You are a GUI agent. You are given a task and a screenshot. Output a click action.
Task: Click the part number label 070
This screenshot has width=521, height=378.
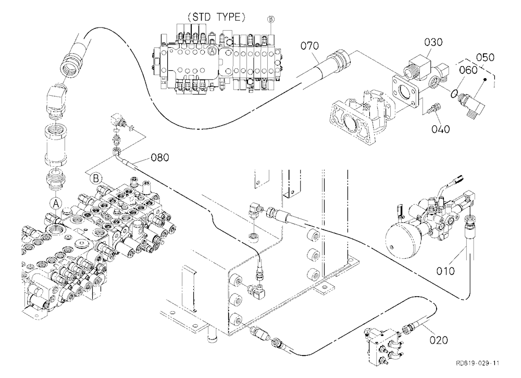309,46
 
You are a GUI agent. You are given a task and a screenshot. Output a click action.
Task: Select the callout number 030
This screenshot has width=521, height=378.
433,42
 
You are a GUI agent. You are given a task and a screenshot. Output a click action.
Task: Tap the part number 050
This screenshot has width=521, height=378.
485,57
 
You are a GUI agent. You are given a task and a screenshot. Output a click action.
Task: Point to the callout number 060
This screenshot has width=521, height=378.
468,70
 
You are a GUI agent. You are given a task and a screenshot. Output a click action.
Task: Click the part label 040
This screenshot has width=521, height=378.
441,129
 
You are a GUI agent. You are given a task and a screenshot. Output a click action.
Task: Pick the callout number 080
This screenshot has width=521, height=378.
160,157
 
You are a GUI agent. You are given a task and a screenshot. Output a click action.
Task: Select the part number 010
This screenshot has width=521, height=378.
445,271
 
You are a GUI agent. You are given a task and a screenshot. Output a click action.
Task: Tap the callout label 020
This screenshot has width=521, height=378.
439,340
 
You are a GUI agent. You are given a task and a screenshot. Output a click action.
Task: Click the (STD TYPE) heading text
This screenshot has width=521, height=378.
216,18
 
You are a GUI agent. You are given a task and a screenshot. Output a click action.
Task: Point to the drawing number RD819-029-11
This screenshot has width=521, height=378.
477,363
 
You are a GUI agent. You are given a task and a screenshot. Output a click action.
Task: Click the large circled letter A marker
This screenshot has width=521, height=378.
56,203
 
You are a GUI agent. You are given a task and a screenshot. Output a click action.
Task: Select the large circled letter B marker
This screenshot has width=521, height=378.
96,179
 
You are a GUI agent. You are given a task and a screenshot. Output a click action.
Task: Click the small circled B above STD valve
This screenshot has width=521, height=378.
271,19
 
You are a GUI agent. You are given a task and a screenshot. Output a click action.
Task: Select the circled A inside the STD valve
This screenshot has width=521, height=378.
212,51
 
